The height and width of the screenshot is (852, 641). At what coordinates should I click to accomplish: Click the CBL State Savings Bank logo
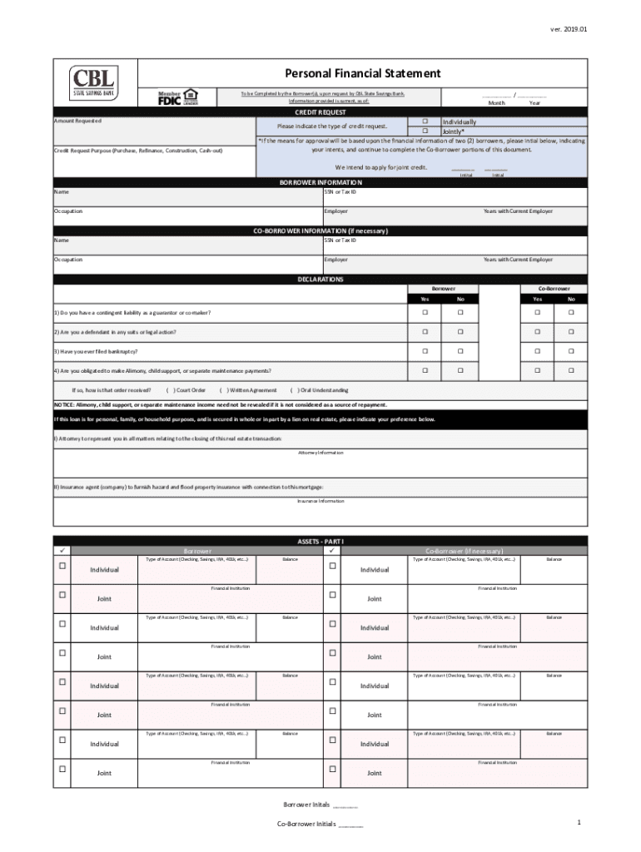tap(94, 82)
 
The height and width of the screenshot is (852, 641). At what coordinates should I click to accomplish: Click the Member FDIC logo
tap(178, 97)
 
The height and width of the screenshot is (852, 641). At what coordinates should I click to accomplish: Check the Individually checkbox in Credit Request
tap(425, 121)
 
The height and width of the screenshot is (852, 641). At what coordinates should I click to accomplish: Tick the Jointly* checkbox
tap(425, 131)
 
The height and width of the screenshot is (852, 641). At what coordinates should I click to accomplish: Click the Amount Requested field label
tap(77, 121)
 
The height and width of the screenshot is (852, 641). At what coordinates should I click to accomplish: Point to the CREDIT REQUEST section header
tap(320, 111)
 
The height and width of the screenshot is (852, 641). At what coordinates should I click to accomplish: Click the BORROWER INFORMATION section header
tap(320, 182)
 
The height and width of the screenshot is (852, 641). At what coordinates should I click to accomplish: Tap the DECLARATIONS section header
tap(320, 280)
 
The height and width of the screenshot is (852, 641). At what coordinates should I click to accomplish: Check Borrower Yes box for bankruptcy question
tap(425, 351)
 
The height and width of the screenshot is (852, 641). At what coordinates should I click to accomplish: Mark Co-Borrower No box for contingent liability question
tap(571, 313)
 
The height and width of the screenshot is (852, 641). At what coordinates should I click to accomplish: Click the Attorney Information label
tap(320, 453)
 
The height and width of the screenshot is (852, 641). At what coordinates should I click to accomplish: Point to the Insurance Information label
tap(320, 501)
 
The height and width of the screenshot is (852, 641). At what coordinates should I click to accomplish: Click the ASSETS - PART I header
tap(320, 541)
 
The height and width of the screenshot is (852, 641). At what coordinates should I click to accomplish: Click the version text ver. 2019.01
tap(569, 29)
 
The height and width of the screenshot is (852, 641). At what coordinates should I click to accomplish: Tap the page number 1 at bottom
tap(578, 822)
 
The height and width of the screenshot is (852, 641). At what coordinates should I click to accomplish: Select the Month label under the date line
tap(496, 102)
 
